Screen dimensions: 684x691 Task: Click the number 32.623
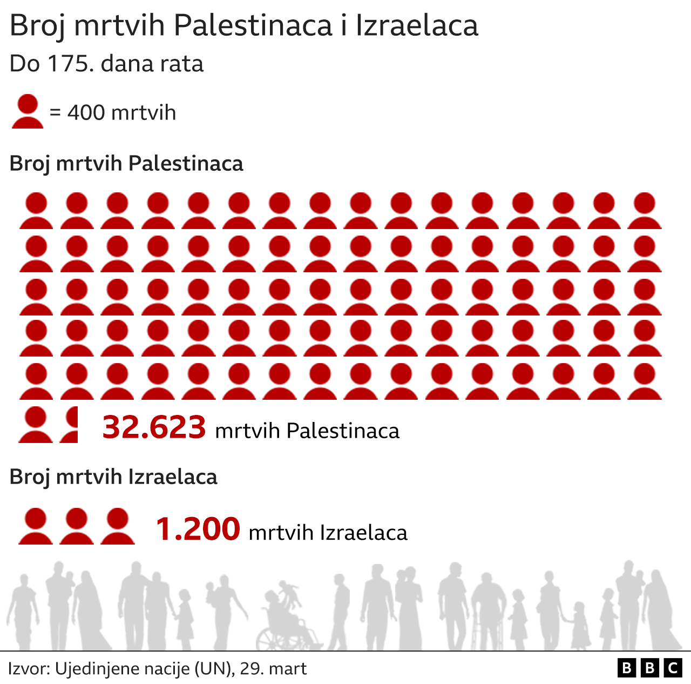click(x=154, y=427)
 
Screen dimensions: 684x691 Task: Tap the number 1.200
click(x=198, y=529)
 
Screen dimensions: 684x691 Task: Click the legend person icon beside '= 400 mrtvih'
click(x=28, y=111)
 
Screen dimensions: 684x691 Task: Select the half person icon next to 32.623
click(x=70, y=425)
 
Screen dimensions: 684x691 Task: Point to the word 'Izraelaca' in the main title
click(x=417, y=25)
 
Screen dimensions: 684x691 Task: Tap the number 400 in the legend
click(x=86, y=112)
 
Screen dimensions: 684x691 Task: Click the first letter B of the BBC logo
click(x=626, y=668)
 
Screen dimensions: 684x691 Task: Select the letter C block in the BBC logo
click(x=673, y=668)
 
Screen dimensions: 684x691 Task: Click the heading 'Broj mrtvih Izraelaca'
click(x=113, y=477)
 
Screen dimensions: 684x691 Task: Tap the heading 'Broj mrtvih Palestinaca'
click(x=126, y=163)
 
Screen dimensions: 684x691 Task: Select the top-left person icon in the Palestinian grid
click(x=36, y=211)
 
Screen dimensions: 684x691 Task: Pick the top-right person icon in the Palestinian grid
click(x=645, y=211)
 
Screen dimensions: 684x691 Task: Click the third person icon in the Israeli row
click(x=118, y=526)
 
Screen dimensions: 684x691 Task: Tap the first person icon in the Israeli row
click(x=36, y=526)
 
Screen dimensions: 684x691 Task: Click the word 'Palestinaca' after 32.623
click(x=343, y=431)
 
